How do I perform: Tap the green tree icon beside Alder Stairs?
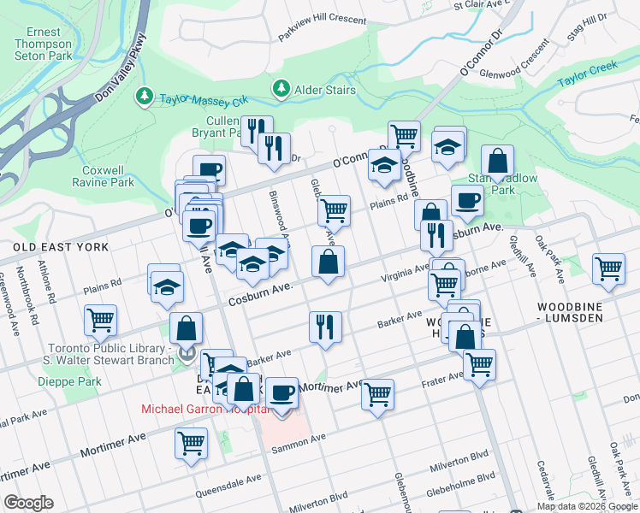click(281, 88)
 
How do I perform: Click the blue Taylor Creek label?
click(587, 74)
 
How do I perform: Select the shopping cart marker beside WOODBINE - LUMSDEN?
click(608, 268)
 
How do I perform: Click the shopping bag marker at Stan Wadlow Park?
click(497, 160)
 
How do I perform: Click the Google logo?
click(28, 503)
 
